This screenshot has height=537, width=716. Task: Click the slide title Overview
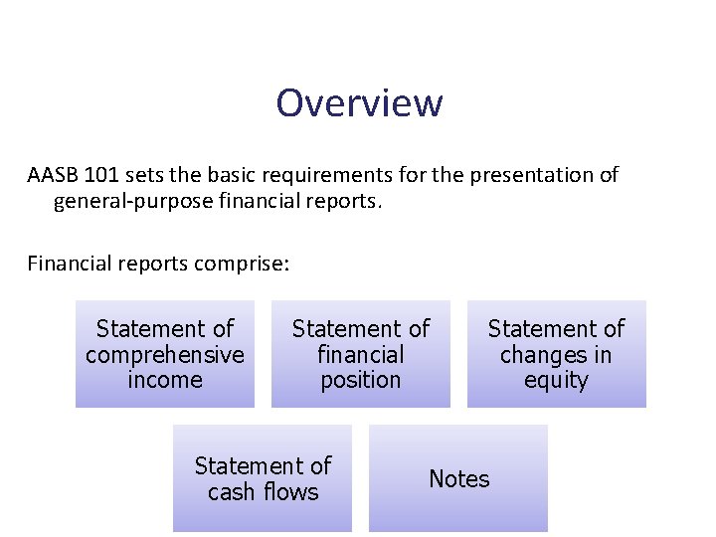click(x=359, y=102)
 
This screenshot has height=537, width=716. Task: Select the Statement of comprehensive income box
click(x=165, y=354)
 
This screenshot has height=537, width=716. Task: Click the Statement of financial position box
click(x=361, y=354)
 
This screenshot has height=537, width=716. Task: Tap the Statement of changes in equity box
click(x=556, y=354)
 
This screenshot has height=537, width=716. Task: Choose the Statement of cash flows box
click(x=263, y=478)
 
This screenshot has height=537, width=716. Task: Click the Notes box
click(x=458, y=478)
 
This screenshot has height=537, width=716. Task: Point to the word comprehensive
click(x=165, y=355)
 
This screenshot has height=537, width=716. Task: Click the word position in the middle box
click(x=361, y=380)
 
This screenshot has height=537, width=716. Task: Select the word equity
click(x=556, y=380)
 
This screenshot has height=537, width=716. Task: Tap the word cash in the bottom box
click(x=231, y=492)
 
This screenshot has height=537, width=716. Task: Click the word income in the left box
click(x=165, y=380)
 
